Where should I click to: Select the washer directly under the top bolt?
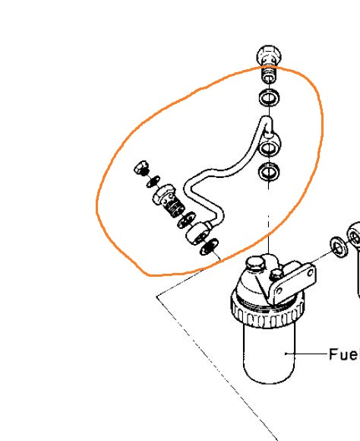269,98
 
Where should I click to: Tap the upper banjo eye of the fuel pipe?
270,147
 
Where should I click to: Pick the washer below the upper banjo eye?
269,171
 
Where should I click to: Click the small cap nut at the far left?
141,168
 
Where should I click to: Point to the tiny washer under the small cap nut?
153,182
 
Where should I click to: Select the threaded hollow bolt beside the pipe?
169,200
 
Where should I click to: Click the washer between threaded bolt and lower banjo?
186,220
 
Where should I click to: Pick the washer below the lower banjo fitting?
209,246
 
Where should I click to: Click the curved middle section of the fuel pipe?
213,173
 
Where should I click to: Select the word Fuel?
344,354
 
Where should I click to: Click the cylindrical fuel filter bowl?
269,354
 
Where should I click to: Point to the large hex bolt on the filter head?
255,263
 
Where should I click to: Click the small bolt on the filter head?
276,274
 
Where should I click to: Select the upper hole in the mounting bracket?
311,273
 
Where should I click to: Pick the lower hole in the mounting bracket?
279,291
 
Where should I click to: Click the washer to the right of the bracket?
339,246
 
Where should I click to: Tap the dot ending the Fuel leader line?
286,354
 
